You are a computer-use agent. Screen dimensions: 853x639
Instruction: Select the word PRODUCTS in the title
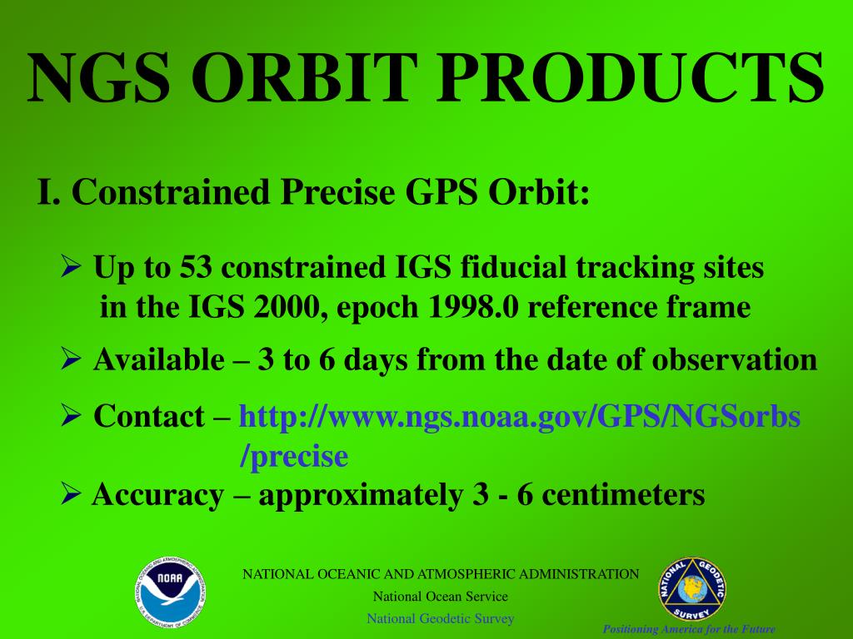[x=631, y=77]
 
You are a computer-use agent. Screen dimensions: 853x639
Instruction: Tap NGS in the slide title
[x=98, y=77]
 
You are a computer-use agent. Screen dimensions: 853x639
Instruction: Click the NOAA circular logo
[x=170, y=592]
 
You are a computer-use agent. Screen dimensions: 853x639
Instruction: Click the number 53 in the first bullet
[x=196, y=267]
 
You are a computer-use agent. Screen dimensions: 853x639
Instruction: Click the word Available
[x=159, y=359]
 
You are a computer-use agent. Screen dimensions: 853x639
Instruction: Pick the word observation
[x=735, y=359]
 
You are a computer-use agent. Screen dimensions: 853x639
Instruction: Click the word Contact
[x=149, y=416]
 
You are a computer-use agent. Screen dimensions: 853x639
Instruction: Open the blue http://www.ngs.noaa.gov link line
[x=520, y=418]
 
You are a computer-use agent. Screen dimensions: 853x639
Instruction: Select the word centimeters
[x=623, y=495]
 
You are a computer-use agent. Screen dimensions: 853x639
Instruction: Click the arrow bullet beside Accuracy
[x=72, y=493]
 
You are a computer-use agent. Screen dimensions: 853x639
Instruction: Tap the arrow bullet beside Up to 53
[x=72, y=265]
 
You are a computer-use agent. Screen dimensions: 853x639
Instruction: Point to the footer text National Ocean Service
[x=440, y=597]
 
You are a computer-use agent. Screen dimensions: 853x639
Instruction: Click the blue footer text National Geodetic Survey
[x=440, y=619]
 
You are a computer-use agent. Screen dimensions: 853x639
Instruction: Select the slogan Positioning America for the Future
[x=689, y=630]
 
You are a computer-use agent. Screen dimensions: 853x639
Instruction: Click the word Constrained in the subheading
[x=171, y=192]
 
